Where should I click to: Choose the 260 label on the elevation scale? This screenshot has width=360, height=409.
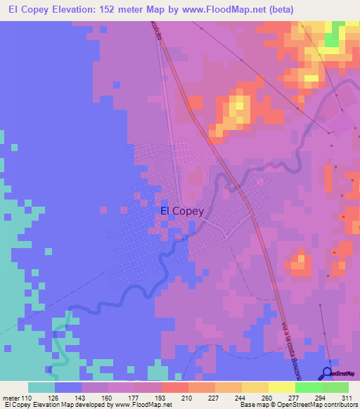[x=268, y=397]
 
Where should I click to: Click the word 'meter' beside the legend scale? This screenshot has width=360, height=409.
[x=12, y=397]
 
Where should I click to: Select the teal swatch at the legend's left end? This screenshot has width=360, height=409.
[x=41, y=387]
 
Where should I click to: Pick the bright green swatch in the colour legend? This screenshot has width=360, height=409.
[x=308, y=387]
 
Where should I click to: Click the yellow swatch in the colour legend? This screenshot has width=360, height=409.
[x=281, y=387]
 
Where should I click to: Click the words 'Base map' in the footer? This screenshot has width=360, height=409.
[x=252, y=405]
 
